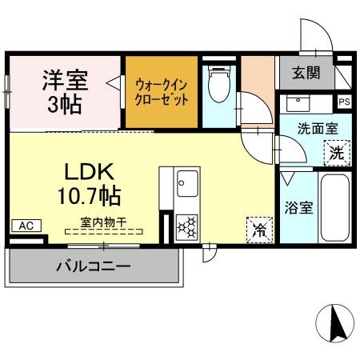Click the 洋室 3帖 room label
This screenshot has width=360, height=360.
tap(65, 90)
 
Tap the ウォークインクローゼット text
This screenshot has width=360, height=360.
tap(161, 90)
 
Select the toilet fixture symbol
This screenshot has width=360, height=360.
tap(218, 85)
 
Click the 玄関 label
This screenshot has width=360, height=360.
tap(305, 74)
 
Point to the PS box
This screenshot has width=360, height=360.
tap(344, 102)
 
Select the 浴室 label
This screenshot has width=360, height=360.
tap(298, 206)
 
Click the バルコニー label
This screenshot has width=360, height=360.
tap(93, 266)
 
